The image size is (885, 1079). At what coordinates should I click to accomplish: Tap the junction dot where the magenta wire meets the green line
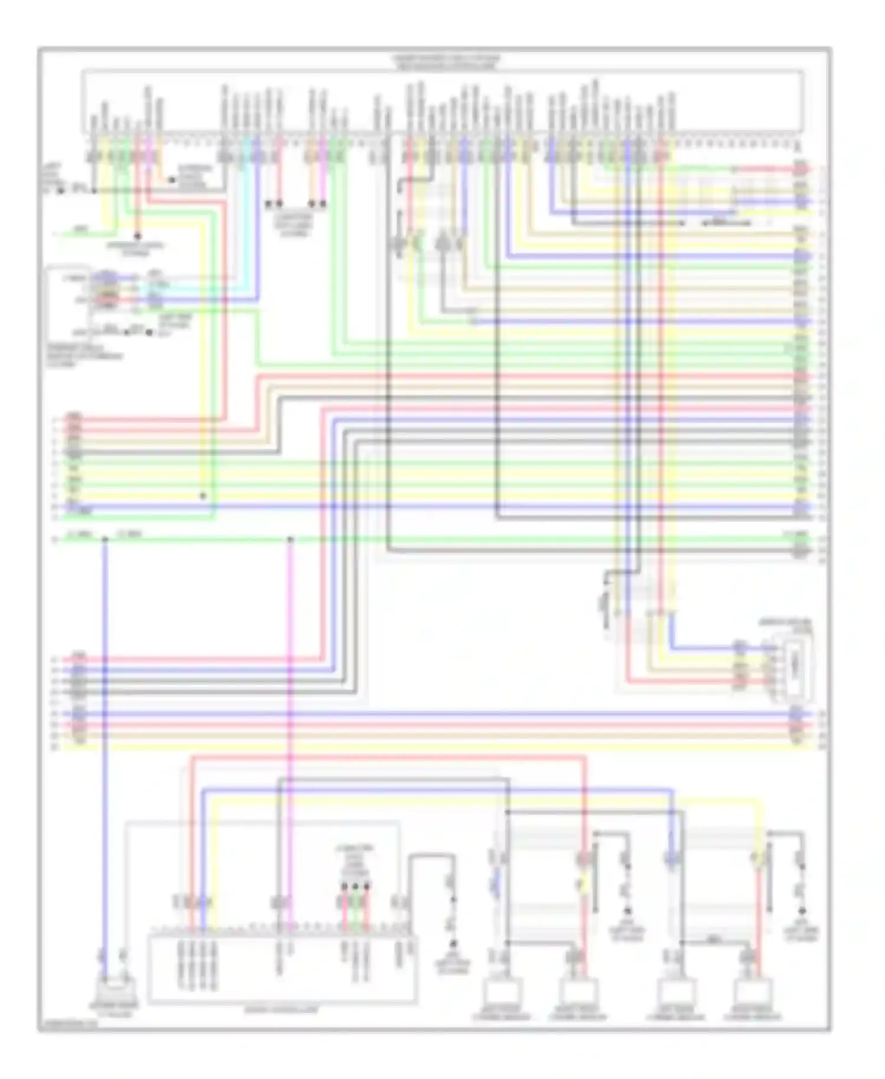[x=290, y=539]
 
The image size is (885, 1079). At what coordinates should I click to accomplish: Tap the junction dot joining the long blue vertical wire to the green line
[x=105, y=539]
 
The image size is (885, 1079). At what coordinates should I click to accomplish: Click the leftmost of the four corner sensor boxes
[x=501, y=993]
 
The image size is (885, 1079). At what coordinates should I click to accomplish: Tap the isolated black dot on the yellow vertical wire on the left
[x=203, y=496]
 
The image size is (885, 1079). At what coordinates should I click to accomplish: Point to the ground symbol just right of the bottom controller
[x=453, y=945]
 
